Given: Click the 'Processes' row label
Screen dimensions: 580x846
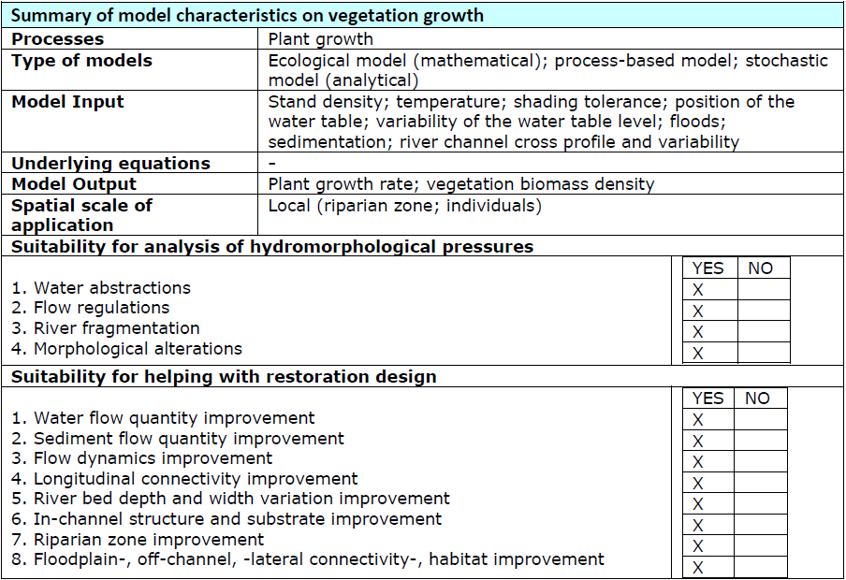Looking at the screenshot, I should pos(58,39).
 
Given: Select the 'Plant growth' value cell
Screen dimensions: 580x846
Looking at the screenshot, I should pos(320,39).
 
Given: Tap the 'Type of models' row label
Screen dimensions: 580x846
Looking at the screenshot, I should pos(81,61).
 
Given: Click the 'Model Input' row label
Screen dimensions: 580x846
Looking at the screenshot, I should pos(67,102).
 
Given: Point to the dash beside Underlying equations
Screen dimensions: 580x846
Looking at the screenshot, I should pos(271,163).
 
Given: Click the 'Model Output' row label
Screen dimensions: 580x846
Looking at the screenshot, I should pos(74,184).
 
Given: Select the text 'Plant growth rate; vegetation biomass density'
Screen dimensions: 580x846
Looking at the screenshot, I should pos(460,184).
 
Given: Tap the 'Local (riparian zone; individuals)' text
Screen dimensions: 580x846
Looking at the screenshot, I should pos(404,205).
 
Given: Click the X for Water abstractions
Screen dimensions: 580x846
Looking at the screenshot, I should pos(698,289).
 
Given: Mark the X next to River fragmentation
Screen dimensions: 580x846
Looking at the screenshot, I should pos(698,331).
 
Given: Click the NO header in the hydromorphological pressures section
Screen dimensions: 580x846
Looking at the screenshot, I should pos(761,268).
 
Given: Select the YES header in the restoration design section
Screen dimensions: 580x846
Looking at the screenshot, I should pos(707,399).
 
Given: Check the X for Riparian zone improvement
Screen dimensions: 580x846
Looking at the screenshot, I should pos(698,545).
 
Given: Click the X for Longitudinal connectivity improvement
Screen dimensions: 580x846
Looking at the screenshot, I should pos(698,484).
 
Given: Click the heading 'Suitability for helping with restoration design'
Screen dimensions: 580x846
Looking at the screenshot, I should pos(224,377).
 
